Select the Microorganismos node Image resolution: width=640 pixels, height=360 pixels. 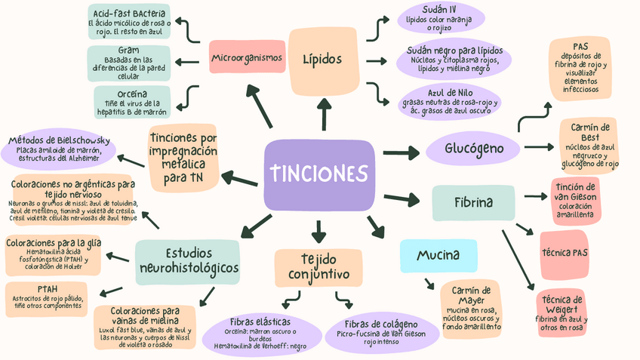pyautogui.click(x=247, y=57)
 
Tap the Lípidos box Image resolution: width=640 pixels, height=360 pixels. pyautogui.click(x=322, y=60)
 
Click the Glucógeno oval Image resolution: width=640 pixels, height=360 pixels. pyautogui.click(x=474, y=148)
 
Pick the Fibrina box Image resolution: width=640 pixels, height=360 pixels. pyautogui.click(x=473, y=202)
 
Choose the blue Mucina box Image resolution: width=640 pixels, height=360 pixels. pyautogui.click(x=438, y=255)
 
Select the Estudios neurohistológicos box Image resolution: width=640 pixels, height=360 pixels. pyautogui.click(x=189, y=260)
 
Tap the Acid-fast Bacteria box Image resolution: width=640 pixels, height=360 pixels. pyautogui.click(x=130, y=22)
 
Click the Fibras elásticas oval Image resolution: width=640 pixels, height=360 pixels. pyautogui.click(x=260, y=332)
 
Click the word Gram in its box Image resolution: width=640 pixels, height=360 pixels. pyautogui.click(x=128, y=51)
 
